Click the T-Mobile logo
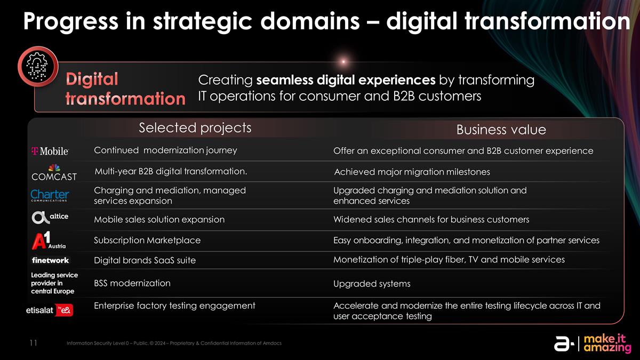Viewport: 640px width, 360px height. tap(50, 151)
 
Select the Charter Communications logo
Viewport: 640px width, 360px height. tap(50, 196)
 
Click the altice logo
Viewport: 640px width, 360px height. tap(50, 218)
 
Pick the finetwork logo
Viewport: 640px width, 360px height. tap(50, 260)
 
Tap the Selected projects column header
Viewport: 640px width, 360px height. tap(195, 128)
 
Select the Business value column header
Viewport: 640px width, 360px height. tap(501, 130)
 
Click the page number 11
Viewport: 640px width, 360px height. tap(33, 343)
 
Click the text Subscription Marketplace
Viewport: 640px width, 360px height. tap(147, 241)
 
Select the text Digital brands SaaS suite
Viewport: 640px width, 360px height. tap(145, 260)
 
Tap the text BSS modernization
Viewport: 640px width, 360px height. tap(132, 283)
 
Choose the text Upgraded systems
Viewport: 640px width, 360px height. tap(372, 284)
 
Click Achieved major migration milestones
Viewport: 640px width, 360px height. tap(411, 172)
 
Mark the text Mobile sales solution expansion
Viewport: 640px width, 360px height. tap(159, 220)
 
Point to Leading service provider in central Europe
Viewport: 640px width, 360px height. tap(54, 283)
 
